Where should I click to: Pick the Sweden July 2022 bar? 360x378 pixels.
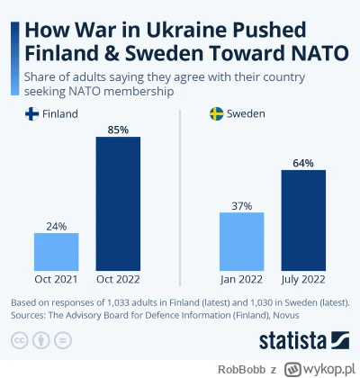[x=303, y=217]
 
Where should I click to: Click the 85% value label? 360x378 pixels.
[x=118, y=128]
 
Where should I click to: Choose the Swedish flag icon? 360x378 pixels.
[x=217, y=114]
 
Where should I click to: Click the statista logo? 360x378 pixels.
[x=297, y=340]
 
